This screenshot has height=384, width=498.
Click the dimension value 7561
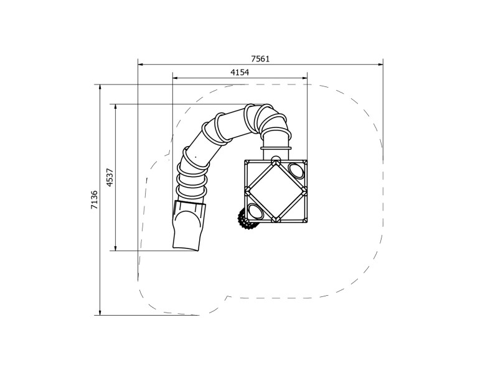pyautogui.click(x=260, y=59)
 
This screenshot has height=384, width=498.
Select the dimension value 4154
pyautogui.click(x=240, y=73)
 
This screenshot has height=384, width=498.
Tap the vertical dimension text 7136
pyautogui.click(x=94, y=199)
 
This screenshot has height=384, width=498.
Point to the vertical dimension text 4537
pyautogui.click(x=110, y=177)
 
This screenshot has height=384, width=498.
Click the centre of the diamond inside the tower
pyautogui.click(x=275, y=191)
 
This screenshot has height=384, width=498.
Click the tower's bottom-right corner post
pyautogui.click(x=305, y=220)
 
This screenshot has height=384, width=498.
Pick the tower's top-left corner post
pyautogui.click(x=247, y=162)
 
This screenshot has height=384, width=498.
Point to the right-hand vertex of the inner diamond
pyautogui.click(x=304, y=191)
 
